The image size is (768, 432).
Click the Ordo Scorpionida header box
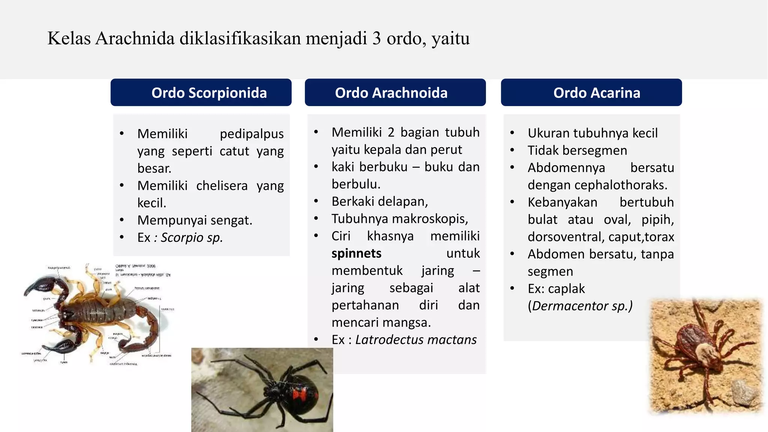(x=201, y=93)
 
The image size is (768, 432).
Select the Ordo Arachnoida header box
(x=395, y=93)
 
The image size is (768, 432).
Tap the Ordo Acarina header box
(x=591, y=93)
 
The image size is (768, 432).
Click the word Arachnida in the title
(x=135, y=38)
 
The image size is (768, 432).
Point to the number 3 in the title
(x=376, y=38)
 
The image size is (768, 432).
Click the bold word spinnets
(x=356, y=253)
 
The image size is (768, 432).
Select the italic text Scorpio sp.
(x=192, y=237)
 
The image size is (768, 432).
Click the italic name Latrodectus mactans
(x=415, y=340)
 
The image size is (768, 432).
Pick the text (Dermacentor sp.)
(x=580, y=306)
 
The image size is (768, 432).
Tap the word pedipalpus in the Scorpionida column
(x=252, y=134)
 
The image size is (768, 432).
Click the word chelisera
(x=222, y=186)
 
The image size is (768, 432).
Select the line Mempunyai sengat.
(x=195, y=220)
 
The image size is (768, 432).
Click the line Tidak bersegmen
(x=577, y=150)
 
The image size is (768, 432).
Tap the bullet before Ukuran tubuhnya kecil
(x=512, y=133)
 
